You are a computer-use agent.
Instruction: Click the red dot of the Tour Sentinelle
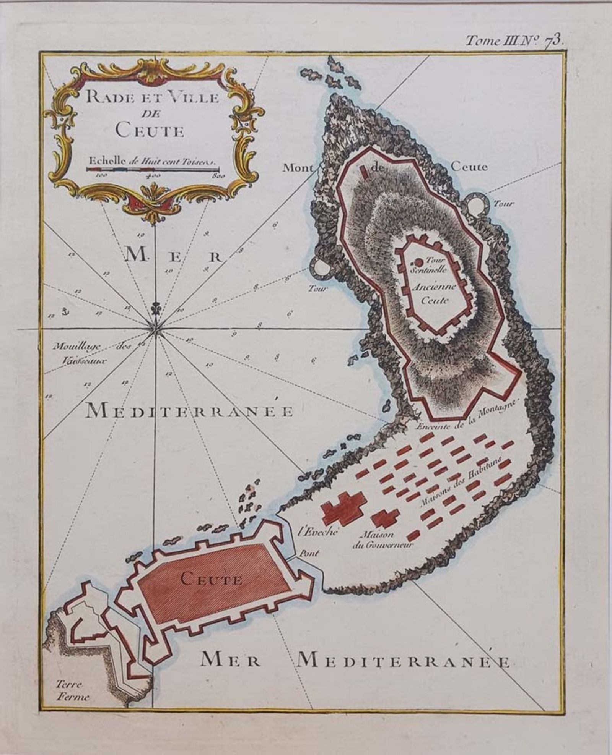pos(419,262)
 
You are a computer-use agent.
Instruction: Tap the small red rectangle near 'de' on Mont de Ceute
pos(365,172)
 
